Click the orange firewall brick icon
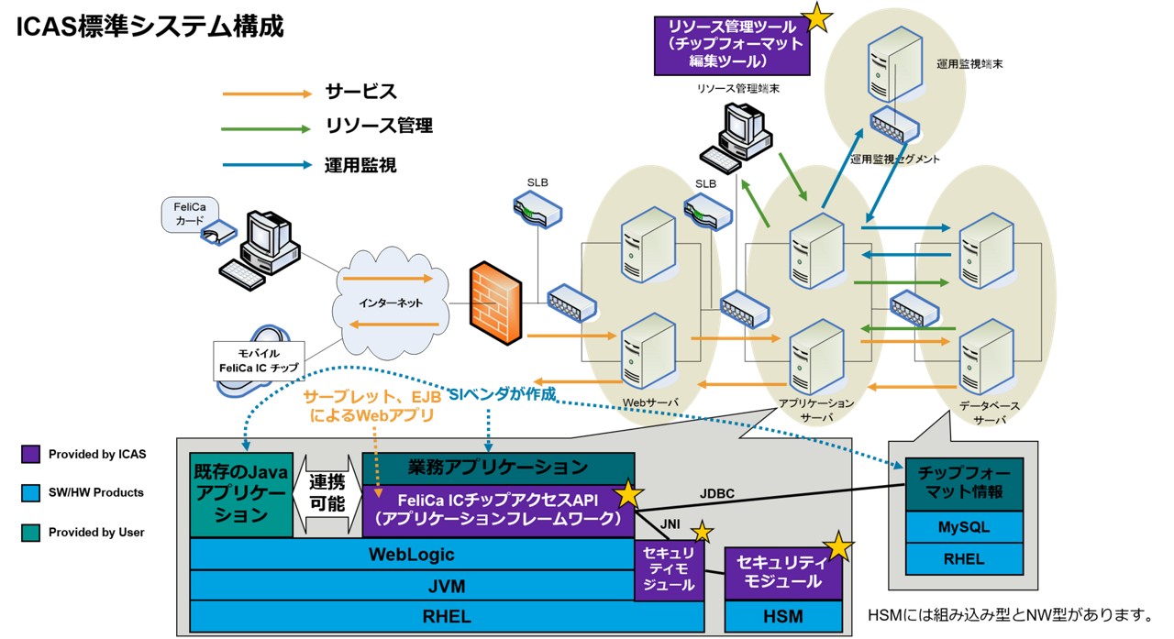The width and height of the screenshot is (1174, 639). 495,303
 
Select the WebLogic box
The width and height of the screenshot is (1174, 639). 411,555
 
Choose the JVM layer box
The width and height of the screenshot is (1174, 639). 411,585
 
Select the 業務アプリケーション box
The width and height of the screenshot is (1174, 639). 498,467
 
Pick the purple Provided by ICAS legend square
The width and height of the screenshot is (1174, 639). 30,454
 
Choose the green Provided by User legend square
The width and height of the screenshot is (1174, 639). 30,532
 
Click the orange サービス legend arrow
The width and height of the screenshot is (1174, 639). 267,93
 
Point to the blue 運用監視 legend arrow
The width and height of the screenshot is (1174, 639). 267,166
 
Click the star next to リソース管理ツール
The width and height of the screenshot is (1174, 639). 817,16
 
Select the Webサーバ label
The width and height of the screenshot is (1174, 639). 650,402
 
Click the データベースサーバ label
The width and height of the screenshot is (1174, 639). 989,412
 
